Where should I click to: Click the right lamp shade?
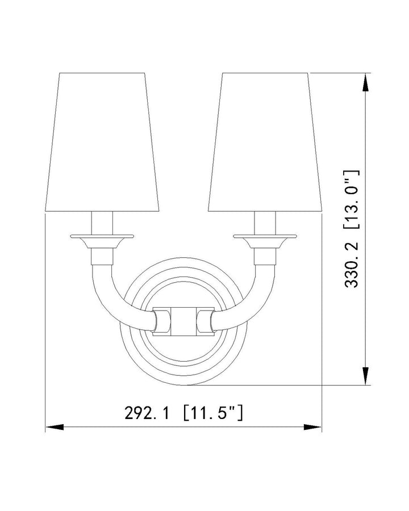coord(265,142)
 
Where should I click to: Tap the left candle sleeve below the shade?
coord(102,222)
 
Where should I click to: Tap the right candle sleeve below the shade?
coord(265,222)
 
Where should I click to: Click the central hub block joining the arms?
coord(183,320)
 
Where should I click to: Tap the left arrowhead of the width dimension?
coord(52,426)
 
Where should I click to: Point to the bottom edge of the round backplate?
coord(183,384)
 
